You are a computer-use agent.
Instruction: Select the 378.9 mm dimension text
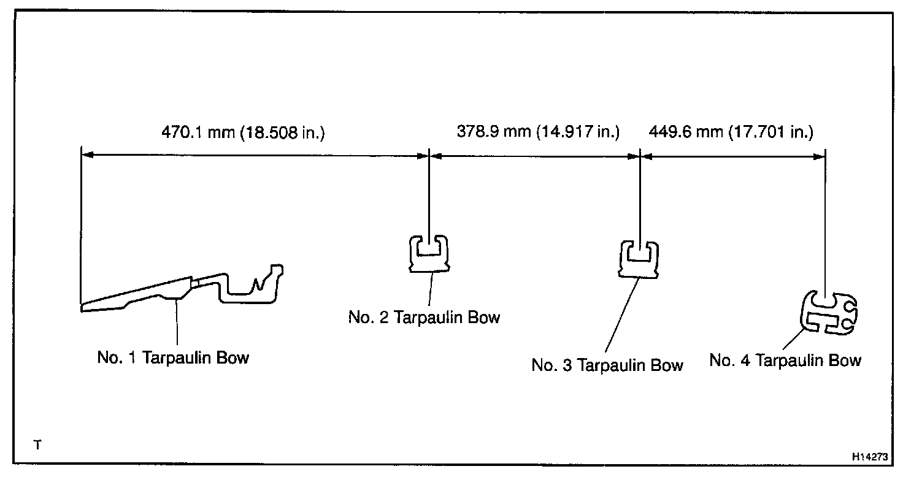(x=486, y=132)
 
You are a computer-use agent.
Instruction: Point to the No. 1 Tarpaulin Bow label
(x=173, y=358)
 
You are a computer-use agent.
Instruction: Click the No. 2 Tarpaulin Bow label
(x=424, y=317)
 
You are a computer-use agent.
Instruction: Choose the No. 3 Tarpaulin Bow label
(x=607, y=365)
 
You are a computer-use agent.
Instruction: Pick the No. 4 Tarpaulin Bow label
(x=785, y=361)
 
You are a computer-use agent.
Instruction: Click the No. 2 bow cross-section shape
(x=429, y=253)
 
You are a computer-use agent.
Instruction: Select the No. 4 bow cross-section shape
(x=828, y=313)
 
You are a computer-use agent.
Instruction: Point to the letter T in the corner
(x=38, y=445)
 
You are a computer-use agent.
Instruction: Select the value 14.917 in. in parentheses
(x=578, y=132)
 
